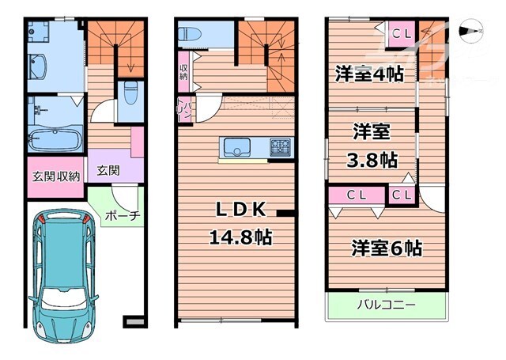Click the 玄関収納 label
tap(55, 176)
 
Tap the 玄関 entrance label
tap(108, 169)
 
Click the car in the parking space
tap(66, 274)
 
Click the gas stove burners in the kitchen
tap(280, 147)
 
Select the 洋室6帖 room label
tap(387, 248)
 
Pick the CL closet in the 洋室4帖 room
tap(400, 34)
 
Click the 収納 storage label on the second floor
tap(183, 73)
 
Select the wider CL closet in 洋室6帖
tap(354, 194)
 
